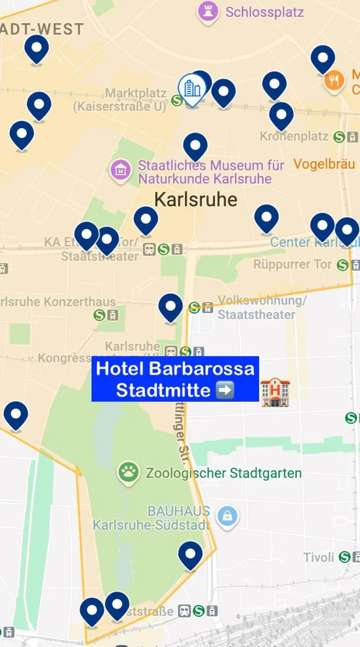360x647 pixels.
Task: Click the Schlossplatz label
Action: click(265, 12)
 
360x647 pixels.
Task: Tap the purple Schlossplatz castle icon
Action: click(208, 11)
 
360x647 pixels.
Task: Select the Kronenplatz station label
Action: click(294, 136)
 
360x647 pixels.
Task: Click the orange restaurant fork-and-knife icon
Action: click(334, 81)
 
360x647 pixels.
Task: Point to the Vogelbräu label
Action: click(324, 164)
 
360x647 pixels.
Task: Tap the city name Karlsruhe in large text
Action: click(196, 200)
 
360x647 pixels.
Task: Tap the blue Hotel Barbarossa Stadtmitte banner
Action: click(175, 379)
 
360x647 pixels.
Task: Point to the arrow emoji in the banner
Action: click(225, 390)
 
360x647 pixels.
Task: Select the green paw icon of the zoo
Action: click(129, 473)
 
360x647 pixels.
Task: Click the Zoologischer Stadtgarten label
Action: click(224, 473)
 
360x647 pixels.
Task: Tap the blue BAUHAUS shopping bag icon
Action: click(227, 517)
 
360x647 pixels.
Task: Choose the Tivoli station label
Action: click(319, 557)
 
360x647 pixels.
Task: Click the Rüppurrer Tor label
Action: click(293, 265)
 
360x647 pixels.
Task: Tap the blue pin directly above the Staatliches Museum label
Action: click(195, 145)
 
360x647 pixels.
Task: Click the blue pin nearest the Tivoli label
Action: click(190, 555)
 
